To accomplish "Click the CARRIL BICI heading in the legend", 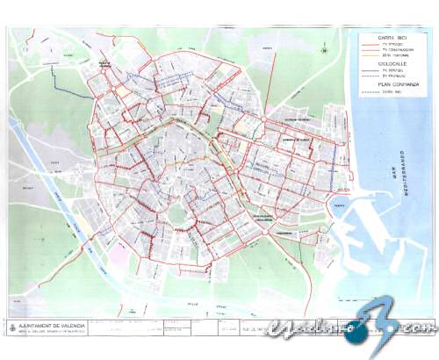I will point(391,39).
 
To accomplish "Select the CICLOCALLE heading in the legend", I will point(391,63).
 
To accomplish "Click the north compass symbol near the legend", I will point(325,50).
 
